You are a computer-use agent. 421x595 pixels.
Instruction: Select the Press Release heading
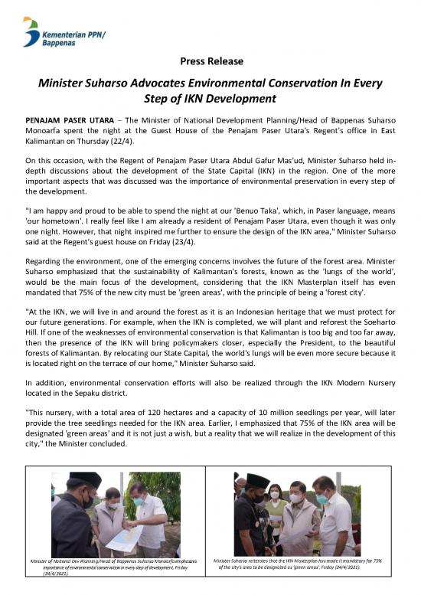[210, 60]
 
